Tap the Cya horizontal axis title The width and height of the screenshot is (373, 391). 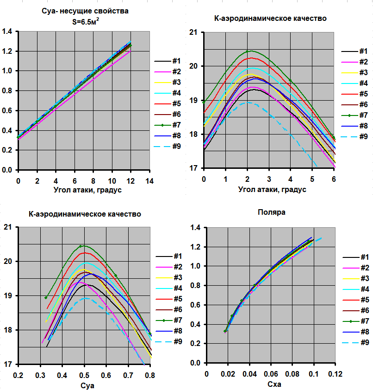click(x=84, y=385)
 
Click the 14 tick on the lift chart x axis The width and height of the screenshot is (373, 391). click(x=149, y=180)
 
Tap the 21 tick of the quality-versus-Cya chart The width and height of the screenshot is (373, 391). click(x=8, y=227)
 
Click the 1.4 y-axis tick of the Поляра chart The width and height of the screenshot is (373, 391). click(x=196, y=228)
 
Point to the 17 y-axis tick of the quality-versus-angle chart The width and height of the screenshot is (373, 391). click(x=194, y=169)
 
